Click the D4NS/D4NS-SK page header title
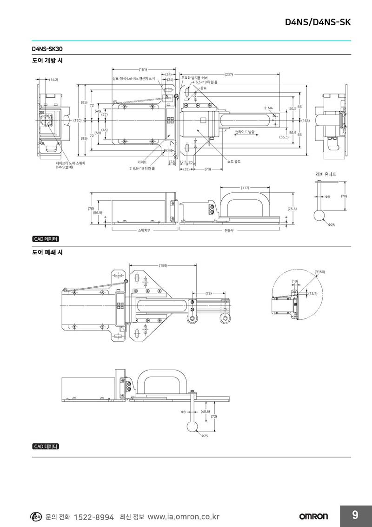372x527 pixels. point(318,22)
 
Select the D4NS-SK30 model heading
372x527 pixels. point(47,48)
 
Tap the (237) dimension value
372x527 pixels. point(229,74)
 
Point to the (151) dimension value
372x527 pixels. point(143,69)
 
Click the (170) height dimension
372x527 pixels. point(77,121)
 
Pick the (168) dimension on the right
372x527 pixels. point(306,121)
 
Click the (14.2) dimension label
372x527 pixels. point(53,80)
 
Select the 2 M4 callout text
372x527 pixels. point(269,108)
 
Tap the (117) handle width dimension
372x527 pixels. point(245,188)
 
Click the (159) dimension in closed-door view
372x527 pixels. point(163,265)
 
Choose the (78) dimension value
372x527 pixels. point(208,293)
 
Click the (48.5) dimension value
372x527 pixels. point(206,412)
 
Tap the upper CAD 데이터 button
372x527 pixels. point(46,239)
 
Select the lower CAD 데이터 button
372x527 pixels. point(46,446)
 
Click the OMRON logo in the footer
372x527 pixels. point(313,516)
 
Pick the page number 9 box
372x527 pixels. point(355,515)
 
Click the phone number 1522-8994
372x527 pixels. point(94,517)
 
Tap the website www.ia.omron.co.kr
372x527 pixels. point(183,517)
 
